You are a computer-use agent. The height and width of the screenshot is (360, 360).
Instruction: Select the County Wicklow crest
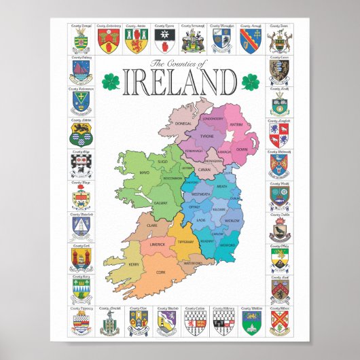[x=251, y=321]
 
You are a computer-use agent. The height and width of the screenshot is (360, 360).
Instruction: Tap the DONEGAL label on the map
[x=184, y=124]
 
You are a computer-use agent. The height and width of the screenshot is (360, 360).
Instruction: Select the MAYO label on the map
[x=144, y=173]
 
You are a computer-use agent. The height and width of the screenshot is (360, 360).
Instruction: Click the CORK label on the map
[x=161, y=272]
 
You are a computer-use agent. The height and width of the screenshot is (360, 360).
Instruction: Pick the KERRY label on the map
[x=134, y=264]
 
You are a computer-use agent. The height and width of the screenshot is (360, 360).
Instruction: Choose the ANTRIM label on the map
[x=236, y=124]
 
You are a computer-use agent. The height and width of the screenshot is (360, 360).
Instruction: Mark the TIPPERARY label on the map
[x=186, y=242]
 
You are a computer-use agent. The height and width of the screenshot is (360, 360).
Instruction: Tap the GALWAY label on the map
[x=160, y=202]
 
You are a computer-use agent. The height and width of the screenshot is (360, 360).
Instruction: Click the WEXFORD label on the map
[x=227, y=255]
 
